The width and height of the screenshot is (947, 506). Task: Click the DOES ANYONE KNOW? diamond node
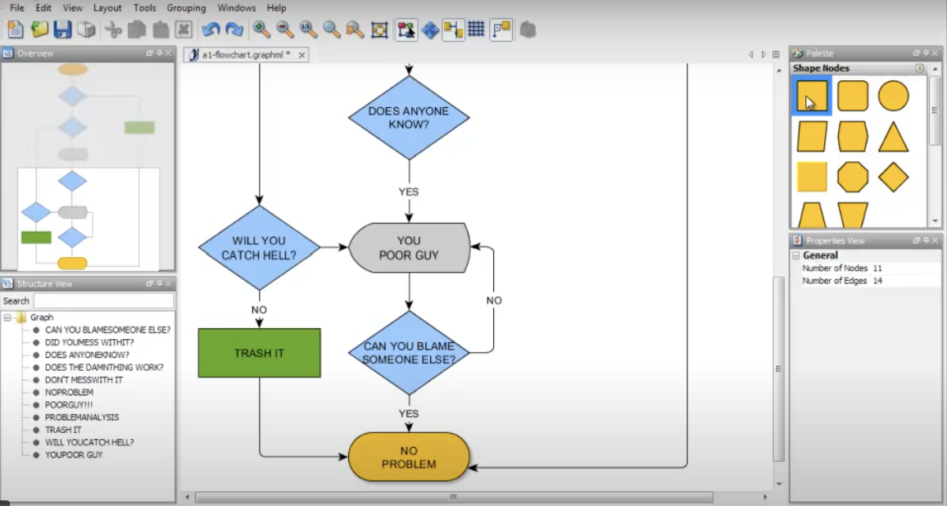409,118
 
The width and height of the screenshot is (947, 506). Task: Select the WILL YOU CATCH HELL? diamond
259,247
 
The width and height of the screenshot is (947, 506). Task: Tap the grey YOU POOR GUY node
409,247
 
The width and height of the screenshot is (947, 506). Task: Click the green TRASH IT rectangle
259,353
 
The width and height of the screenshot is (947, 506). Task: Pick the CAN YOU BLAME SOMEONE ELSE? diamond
409,352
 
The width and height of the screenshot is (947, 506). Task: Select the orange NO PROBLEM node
409,457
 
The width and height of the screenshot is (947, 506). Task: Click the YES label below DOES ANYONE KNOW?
409,192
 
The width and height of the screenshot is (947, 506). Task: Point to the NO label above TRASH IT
259,309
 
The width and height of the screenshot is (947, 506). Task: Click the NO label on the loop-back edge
494,300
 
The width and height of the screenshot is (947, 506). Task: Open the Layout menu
107,7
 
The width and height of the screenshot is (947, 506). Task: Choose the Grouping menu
187,7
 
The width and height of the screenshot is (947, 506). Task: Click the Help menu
277,7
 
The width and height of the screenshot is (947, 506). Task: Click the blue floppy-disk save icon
62,29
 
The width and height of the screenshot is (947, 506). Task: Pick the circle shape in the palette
894,96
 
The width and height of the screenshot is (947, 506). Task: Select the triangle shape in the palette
894,137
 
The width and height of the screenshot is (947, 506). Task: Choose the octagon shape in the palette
853,177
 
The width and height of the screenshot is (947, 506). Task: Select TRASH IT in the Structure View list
63,430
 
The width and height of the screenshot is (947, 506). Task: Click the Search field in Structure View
103,300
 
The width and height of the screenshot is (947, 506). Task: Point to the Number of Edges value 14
877,281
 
